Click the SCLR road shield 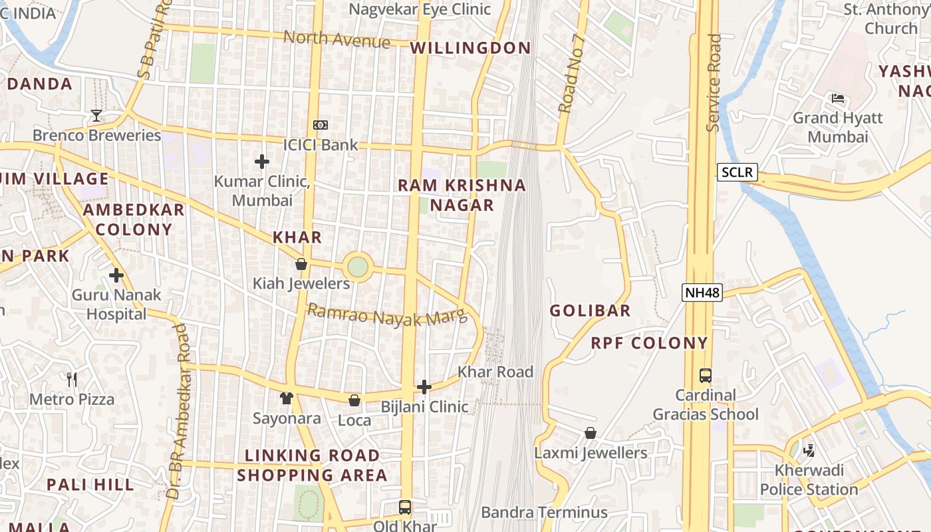click(x=737, y=172)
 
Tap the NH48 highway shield click(x=702, y=292)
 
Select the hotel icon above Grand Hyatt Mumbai click(x=837, y=98)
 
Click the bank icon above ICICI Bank click(x=321, y=125)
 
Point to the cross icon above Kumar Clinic click(x=262, y=161)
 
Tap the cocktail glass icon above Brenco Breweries click(x=96, y=116)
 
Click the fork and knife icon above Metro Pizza click(x=72, y=380)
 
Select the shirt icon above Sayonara click(x=287, y=398)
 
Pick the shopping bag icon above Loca click(x=354, y=400)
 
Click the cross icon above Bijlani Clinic click(x=424, y=387)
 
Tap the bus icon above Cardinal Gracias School click(x=705, y=376)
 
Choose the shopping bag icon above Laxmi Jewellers click(x=591, y=434)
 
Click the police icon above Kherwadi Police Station click(x=809, y=451)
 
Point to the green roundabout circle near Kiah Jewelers click(x=358, y=267)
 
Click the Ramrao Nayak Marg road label click(x=388, y=315)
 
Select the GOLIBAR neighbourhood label click(x=591, y=311)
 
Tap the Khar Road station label click(x=495, y=372)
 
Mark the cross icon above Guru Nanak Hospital click(x=116, y=275)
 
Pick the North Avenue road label click(x=337, y=39)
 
